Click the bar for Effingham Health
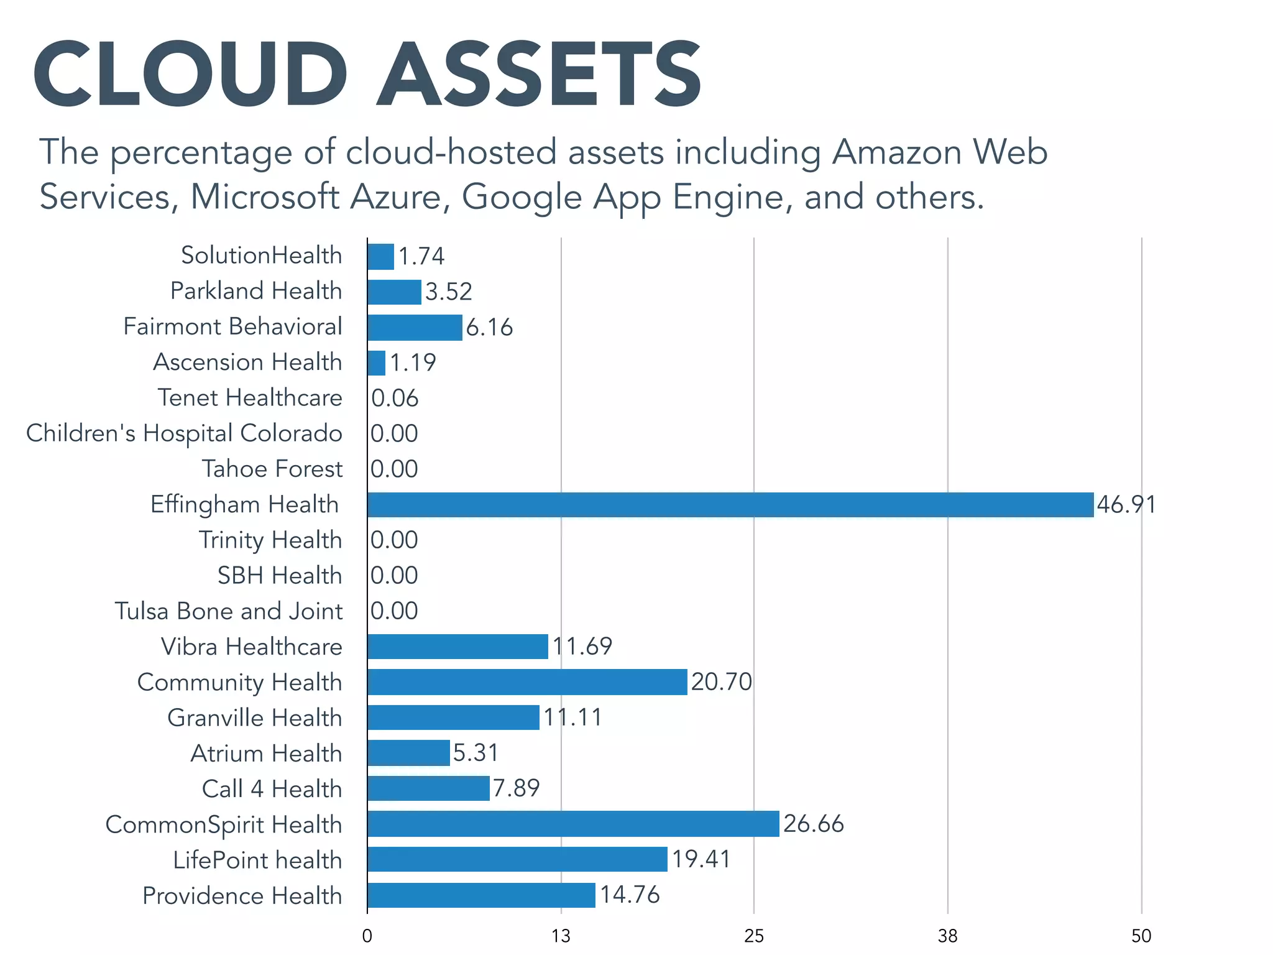730,504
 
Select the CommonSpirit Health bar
573,824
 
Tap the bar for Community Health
527,682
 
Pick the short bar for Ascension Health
377,362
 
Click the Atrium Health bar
408,753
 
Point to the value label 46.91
1126,504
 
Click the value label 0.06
395,398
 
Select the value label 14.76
629,895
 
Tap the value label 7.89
516,788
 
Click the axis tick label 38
947,936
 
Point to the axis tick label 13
561,936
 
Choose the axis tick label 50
1141,936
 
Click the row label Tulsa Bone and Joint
228,611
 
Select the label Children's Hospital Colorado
184,433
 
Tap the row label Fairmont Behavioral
232,326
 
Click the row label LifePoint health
257,860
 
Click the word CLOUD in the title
190,75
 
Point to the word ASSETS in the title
539,75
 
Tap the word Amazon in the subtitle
897,152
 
